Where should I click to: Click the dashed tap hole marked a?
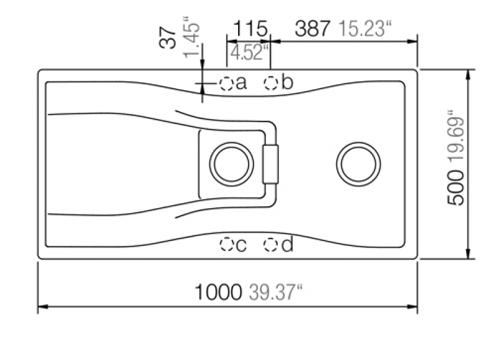(x=226, y=84)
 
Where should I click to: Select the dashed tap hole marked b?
(x=271, y=83)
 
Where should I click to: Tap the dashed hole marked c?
(x=226, y=244)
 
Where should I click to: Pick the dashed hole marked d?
(x=270, y=245)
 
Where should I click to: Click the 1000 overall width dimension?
(x=218, y=292)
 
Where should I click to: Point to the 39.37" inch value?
(x=276, y=292)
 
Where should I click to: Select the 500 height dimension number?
(x=456, y=187)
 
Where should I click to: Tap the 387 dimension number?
(x=312, y=29)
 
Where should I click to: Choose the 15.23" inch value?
(x=365, y=29)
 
